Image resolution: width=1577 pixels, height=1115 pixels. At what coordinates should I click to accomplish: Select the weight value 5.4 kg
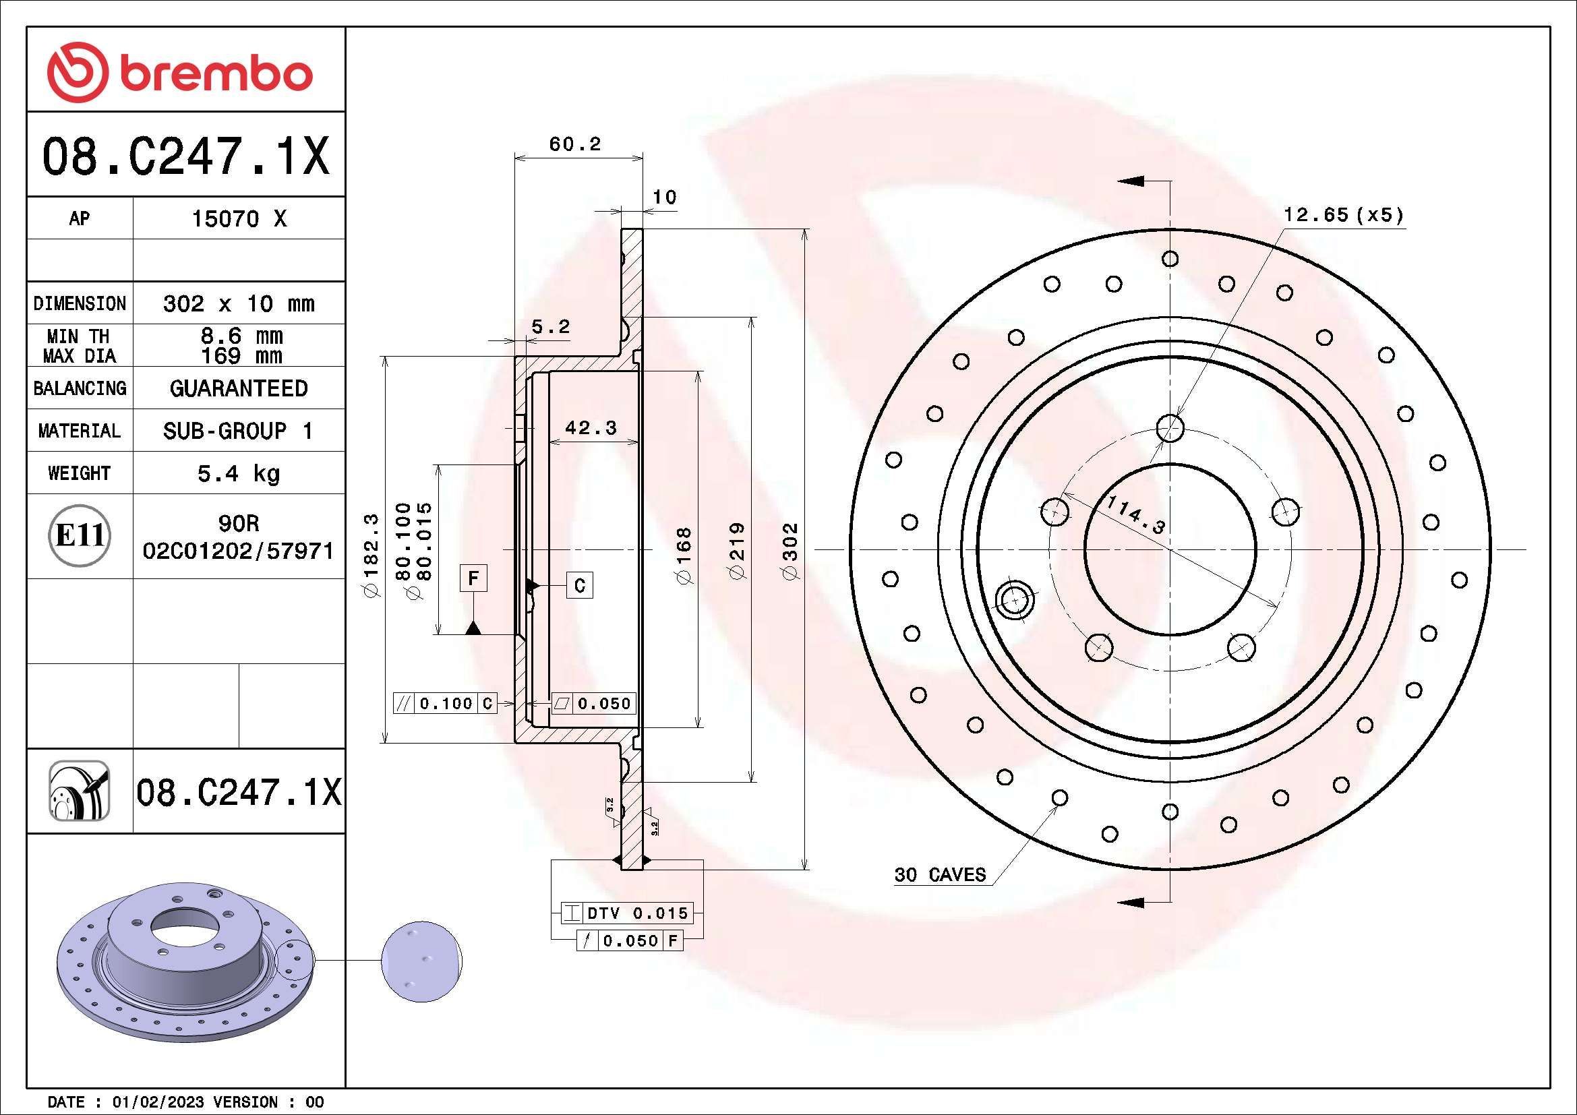pos(238,473)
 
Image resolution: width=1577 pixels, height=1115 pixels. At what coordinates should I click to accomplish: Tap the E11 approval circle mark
pos(80,535)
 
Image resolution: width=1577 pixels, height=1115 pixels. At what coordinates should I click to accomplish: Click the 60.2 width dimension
pos(575,144)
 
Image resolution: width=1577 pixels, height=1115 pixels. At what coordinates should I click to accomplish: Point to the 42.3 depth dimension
pos(591,428)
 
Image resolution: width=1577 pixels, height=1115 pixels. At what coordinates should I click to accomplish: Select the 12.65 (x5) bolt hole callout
pos(1344,215)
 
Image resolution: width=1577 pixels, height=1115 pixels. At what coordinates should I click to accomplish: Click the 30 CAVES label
pos(940,875)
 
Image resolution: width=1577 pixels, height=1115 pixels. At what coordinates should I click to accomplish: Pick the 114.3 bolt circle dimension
pos(1136,515)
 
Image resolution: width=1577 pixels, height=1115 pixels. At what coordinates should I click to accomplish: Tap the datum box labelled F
pos(473,578)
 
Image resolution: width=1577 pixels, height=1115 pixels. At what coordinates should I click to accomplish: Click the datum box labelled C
pos(580,586)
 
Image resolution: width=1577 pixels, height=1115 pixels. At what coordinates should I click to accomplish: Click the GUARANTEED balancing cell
pos(238,388)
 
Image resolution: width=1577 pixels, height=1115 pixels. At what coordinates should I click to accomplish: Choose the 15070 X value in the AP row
pos(238,219)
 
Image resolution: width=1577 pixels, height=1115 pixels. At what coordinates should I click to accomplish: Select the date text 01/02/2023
pos(158,1102)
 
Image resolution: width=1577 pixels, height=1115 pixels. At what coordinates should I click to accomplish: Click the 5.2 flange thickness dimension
pos(550,327)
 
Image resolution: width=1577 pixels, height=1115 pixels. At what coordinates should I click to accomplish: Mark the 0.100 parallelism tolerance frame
pos(444,703)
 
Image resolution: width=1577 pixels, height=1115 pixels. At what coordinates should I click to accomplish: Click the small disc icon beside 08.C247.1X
pos(79,791)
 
